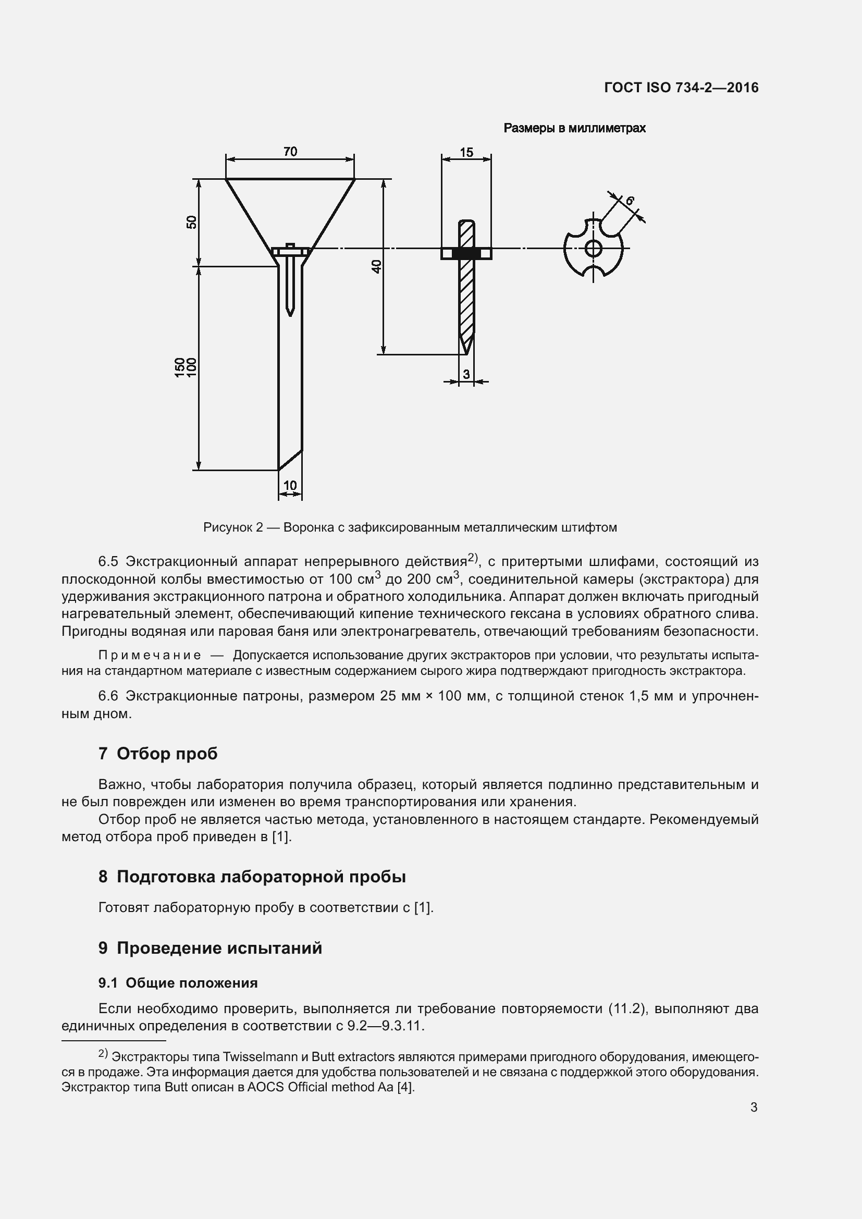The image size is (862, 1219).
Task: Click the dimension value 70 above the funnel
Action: pyautogui.click(x=290, y=152)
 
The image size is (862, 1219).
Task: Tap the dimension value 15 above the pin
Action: pyautogui.click(x=466, y=153)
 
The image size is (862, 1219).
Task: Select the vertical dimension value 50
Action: pyautogui.click(x=192, y=222)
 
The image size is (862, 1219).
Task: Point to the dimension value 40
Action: pyautogui.click(x=376, y=266)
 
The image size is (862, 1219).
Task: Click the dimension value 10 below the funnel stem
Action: pyautogui.click(x=290, y=485)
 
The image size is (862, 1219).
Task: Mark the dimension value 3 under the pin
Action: pyautogui.click(x=466, y=374)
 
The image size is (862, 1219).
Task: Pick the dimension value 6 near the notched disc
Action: pyautogui.click(x=630, y=201)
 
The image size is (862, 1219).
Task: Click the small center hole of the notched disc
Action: pyautogui.click(x=593, y=248)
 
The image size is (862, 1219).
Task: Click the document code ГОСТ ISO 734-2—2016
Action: pyautogui.click(x=681, y=88)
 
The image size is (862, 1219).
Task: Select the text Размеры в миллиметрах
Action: pyautogui.click(x=574, y=128)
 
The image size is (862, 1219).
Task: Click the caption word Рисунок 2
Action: pyautogui.click(x=233, y=527)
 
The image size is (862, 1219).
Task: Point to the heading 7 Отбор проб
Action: pyautogui.click(x=157, y=754)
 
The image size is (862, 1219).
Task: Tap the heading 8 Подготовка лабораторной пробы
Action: pyautogui.click(x=252, y=876)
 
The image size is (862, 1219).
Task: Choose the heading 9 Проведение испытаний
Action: pyautogui.click(x=210, y=947)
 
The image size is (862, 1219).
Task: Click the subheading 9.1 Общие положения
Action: pyautogui.click(x=178, y=983)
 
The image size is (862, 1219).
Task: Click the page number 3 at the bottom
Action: pyautogui.click(x=754, y=1107)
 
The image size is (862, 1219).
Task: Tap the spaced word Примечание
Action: pyautogui.click(x=149, y=655)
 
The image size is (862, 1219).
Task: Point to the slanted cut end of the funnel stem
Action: pyautogui.click(x=290, y=460)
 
